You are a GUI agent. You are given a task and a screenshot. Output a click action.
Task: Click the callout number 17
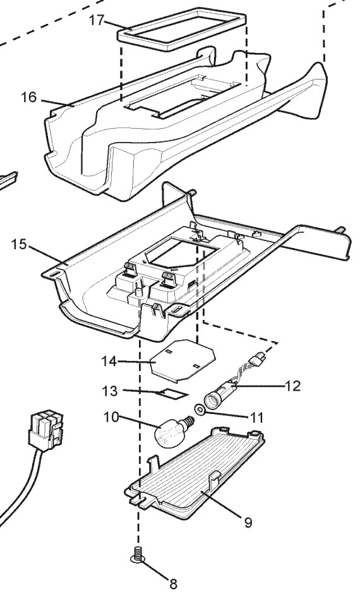(x=97, y=20)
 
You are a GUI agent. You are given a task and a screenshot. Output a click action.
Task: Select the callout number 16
(x=28, y=97)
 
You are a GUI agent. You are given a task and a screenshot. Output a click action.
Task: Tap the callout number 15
(x=19, y=244)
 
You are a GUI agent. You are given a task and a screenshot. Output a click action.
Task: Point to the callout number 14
(x=109, y=361)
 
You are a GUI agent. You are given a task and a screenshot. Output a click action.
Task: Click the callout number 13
(x=110, y=391)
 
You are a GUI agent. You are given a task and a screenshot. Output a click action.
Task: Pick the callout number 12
(x=292, y=386)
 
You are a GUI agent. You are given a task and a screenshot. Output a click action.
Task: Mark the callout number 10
(x=111, y=417)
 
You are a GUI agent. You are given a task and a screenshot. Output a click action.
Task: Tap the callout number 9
(x=248, y=523)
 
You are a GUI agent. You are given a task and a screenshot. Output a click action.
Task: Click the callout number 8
(x=173, y=584)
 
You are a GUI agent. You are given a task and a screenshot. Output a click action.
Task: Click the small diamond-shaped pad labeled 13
(x=172, y=393)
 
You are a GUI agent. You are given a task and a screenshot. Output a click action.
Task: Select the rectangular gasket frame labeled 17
(x=182, y=30)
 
